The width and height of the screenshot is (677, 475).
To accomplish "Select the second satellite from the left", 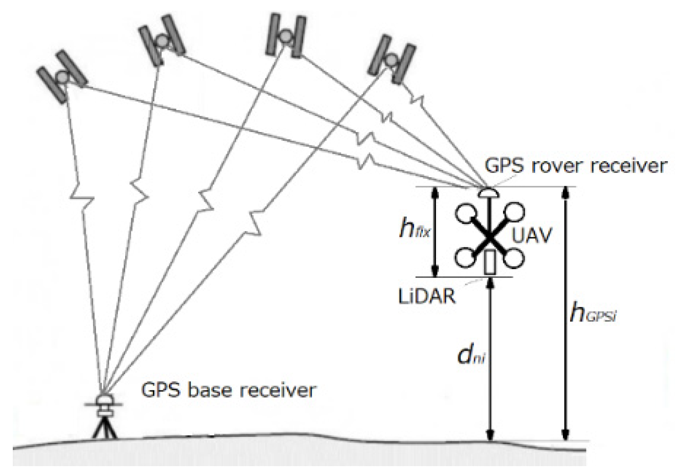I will [x=162, y=40].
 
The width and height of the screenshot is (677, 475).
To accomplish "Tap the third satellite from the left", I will [x=286, y=35].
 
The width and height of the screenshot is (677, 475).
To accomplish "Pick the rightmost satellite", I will [x=391, y=59].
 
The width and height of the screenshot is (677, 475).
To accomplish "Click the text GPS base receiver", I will [x=228, y=390].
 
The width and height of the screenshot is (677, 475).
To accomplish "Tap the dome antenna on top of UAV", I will [x=489, y=193].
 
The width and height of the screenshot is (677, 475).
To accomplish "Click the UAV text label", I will [x=531, y=235].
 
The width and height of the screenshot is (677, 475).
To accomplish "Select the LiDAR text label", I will [x=427, y=296].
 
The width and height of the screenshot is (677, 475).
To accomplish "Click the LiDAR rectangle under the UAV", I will [x=490, y=262].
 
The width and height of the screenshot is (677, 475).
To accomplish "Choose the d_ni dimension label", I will [x=470, y=355].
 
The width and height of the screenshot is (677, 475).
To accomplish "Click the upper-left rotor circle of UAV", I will [x=466, y=213].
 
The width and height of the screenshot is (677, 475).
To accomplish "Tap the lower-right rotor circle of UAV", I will [x=514, y=258].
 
